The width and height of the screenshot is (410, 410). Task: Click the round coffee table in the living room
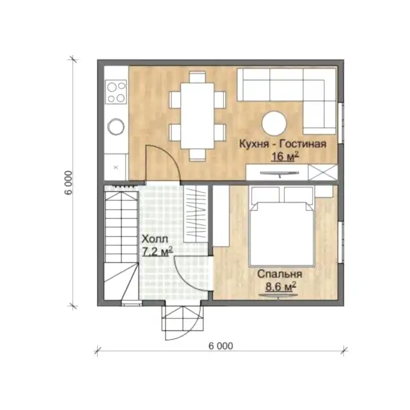pos(275,123)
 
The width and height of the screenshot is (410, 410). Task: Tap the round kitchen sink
pos(116,127)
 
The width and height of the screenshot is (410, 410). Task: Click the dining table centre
pos(198,115)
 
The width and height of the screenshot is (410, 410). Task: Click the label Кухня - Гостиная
pos(283,144)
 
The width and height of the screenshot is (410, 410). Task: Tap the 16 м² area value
pos(285,156)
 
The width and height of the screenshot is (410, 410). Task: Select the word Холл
pos(155,239)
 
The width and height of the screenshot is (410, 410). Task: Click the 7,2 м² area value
pos(158,251)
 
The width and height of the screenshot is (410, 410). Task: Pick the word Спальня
pos(280,274)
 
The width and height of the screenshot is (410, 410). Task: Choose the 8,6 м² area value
pos(281,287)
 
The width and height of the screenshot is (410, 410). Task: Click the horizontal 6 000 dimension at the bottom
pos(221,346)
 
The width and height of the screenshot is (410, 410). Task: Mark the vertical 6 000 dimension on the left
pos(69,183)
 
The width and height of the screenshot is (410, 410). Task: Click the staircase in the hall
pos(121,246)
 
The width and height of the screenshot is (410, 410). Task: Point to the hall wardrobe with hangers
pos(196,214)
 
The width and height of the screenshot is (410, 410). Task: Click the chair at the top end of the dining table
pos(198,77)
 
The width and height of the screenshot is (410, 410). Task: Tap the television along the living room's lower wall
pos(280,173)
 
